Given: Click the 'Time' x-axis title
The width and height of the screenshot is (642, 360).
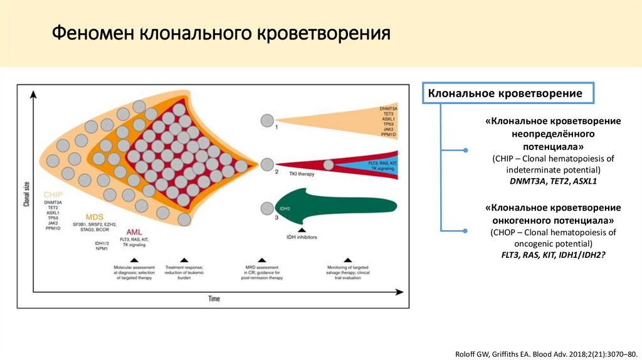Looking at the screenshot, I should (214, 299).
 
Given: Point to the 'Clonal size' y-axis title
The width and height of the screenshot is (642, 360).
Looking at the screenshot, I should (26, 194).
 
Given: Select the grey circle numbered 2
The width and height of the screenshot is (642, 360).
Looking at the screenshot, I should (267, 164).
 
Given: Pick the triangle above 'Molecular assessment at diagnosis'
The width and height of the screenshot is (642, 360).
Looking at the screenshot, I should (134, 259).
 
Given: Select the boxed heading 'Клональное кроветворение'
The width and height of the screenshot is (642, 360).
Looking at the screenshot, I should (505, 93).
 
